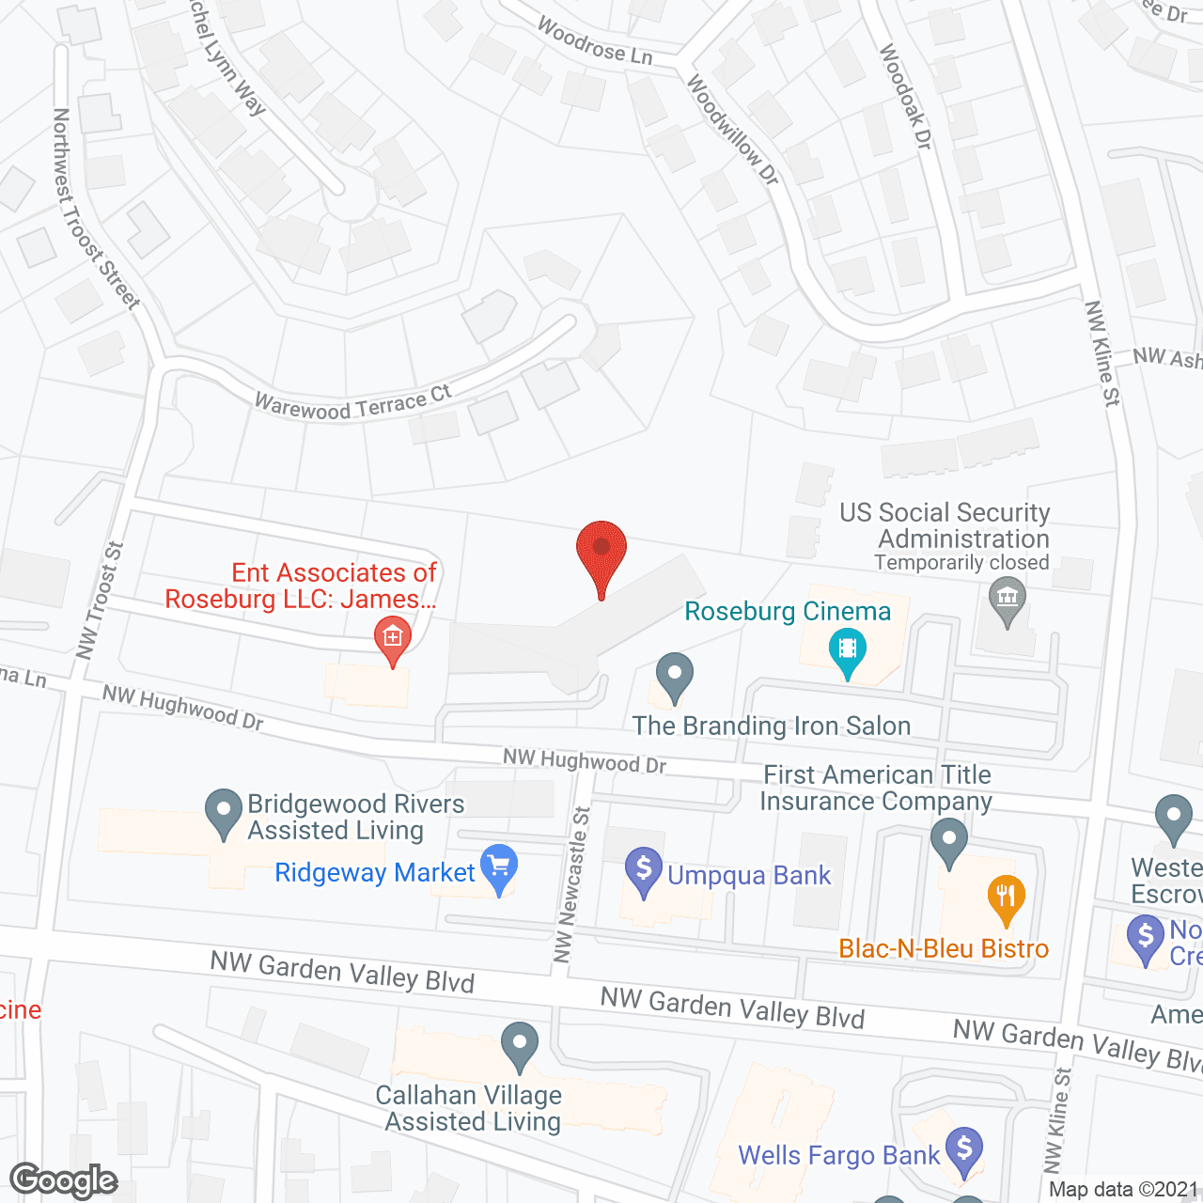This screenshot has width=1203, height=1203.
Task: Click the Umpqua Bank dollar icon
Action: pos(644,869)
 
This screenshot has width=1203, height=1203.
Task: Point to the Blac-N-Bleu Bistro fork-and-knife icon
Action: pos(1006,898)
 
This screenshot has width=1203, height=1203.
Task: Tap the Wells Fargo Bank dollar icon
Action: pos(964,1149)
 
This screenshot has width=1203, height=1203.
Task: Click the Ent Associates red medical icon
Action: pos(393,638)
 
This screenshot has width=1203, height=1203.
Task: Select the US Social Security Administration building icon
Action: pos(1008,599)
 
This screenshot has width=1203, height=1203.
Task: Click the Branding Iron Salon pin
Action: pos(674,675)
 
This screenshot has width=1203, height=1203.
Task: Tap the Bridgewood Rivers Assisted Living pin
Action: pos(223,810)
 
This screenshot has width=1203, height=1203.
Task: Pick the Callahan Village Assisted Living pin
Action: pos(520,1044)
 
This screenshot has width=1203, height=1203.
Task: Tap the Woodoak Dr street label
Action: pos(905,96)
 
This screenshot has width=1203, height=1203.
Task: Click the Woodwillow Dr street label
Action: pos(732,130)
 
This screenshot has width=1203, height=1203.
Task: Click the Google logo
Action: pos(64,1180)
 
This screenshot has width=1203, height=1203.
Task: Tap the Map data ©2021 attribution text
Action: pos(1123,1190)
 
